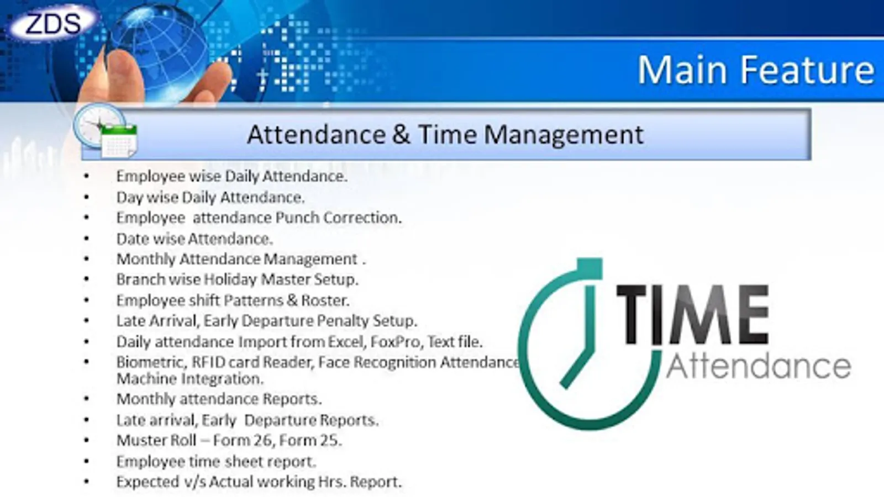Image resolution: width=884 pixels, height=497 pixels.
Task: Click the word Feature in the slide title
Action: tap(807, 70)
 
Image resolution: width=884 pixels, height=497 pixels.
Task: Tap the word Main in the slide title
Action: tap(682, 70)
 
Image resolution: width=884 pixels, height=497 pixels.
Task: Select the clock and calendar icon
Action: tap(106, 131)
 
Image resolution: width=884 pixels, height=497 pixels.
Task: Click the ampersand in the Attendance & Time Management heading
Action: tap(402, 135)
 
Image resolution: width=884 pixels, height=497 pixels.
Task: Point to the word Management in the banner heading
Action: tap(564, 135)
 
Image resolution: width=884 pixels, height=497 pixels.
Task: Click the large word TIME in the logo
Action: tap(693, 314)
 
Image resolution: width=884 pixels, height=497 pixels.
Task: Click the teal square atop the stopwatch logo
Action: tap(590, 268)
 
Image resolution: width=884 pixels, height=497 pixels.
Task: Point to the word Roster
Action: tap(325, 300)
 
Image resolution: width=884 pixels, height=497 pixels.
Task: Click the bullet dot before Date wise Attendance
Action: tap(86, 239)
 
